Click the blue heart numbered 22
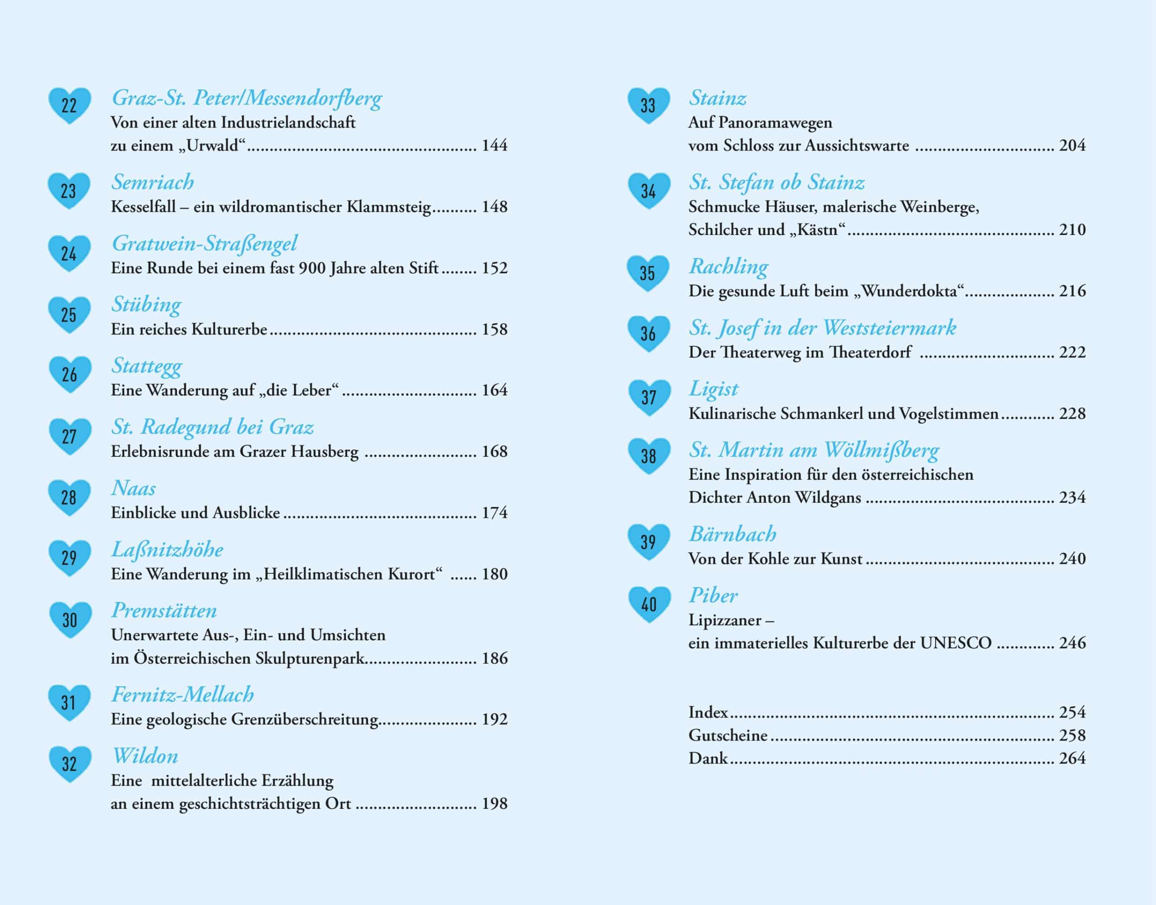coord(70,105)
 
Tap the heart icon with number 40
coord(649,604)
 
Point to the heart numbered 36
coord(649,334)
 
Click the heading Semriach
coord(153,182)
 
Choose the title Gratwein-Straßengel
coord(205,244)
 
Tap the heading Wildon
coord(145,756)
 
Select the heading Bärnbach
coord(732,534)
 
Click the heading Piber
coord(713,596)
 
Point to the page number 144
coord(494,145)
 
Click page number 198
coord(494,803)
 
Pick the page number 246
coord(1072,643)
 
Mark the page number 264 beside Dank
coord(1072,758)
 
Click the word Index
coord(708,712)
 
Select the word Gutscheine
coord(727,736)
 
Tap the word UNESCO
coord(956,643)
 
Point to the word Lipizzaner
coord(725,620)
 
